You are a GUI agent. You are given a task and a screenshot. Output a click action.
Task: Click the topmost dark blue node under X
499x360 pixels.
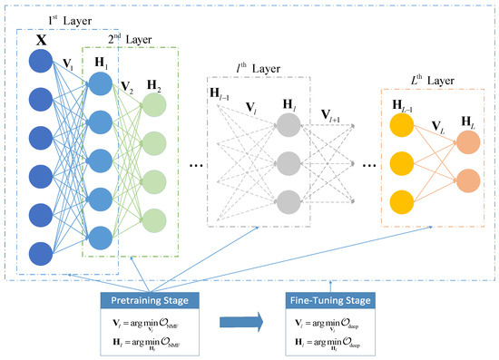tap(40, 62)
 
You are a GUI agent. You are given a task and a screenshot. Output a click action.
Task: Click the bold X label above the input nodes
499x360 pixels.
tap(40, 41)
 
